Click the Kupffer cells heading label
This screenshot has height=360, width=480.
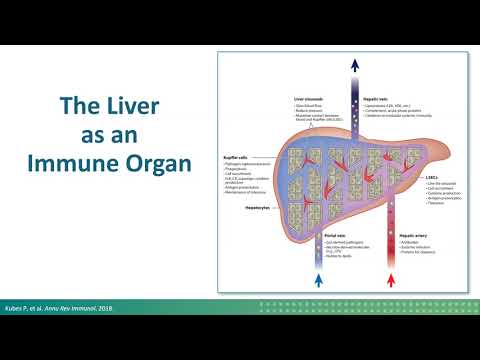click(236, 156)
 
